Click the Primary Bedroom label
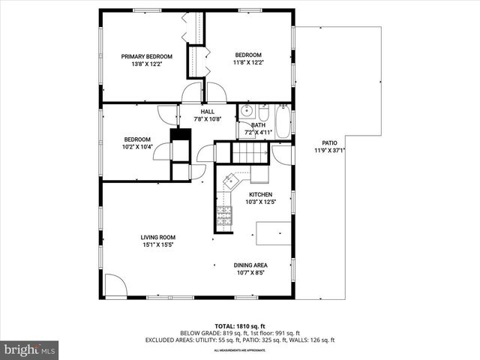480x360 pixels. tap(148, 56)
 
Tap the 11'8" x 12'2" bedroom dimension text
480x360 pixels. tap(248, 64)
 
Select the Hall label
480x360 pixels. tap(207, 111)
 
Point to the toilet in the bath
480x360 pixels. tap(263, 112)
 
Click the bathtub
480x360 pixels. tap(282, 121)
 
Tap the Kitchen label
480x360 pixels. tap(261, 194)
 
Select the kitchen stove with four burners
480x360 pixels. tap(223, 217)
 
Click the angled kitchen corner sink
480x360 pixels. tap(230, 180)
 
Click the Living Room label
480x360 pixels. tap(157, 238)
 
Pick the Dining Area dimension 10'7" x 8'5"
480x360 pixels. tap(251, 274)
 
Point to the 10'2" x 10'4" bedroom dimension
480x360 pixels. tap(137, 147)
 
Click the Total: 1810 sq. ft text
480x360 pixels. tap(239, 326)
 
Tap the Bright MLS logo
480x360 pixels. tap(30, 349)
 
